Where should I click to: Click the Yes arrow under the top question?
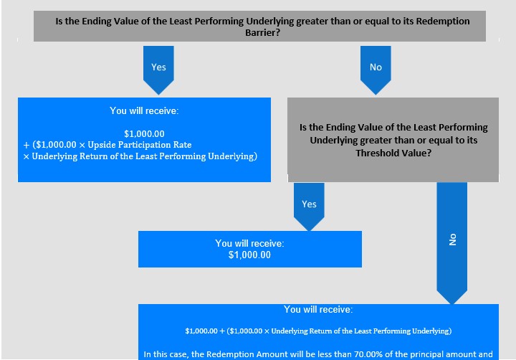coord(158,70)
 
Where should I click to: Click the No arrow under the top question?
coord(376,70)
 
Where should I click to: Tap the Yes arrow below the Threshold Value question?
coord(309,207)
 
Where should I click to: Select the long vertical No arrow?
coord(451,243)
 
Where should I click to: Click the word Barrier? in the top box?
coord(262,32)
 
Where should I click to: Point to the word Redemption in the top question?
coord(443,21)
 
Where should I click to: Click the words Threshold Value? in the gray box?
coord(393,153)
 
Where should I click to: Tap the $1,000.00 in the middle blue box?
coord(249,255)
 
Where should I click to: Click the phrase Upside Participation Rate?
coord(140,145)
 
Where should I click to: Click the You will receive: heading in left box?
coord(144,110)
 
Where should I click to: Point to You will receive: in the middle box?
coord(249,243)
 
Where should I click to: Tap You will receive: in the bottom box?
coord(318,309)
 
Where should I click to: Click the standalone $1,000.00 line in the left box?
coord(144,133)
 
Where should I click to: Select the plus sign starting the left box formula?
coord(27,146)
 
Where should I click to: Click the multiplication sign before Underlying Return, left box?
coord(27,156)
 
